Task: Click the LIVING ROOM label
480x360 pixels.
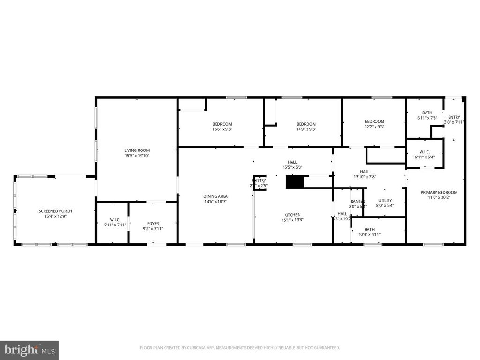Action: pyautogui.click(x=137, y=150)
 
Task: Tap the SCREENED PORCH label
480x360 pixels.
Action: pyautogui.click(x=55, y=211)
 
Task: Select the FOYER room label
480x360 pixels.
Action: pyautogui.click(x=153, y=224)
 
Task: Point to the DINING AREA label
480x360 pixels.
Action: pyautogui.click(x=216, y=196)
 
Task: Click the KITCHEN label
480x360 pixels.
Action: pyautogui.click(x=291, y=215)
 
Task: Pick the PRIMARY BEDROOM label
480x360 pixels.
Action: pyautogui.click(x=439, y=192)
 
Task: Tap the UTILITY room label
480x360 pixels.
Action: pyautogui.click(x=385, y=200)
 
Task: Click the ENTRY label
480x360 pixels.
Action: pyautogui.click(x=454, y=117)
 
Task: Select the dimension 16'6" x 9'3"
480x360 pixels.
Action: pyautogui.click(x=222, y=129)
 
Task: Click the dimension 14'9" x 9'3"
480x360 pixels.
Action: pyautogui.click(x=306, y=129)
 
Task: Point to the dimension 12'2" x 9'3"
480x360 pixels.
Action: pyautogui.click(x=375, y=127)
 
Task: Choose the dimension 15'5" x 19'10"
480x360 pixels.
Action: pyautogui.click(x=137, y=156)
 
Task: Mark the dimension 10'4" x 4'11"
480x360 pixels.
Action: pyautogui.click(x=369, y=234)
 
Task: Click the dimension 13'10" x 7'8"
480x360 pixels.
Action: pyautogui.click(x=365, y=177)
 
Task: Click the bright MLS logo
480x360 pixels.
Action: pyautogui.click(x=29, y=350)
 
